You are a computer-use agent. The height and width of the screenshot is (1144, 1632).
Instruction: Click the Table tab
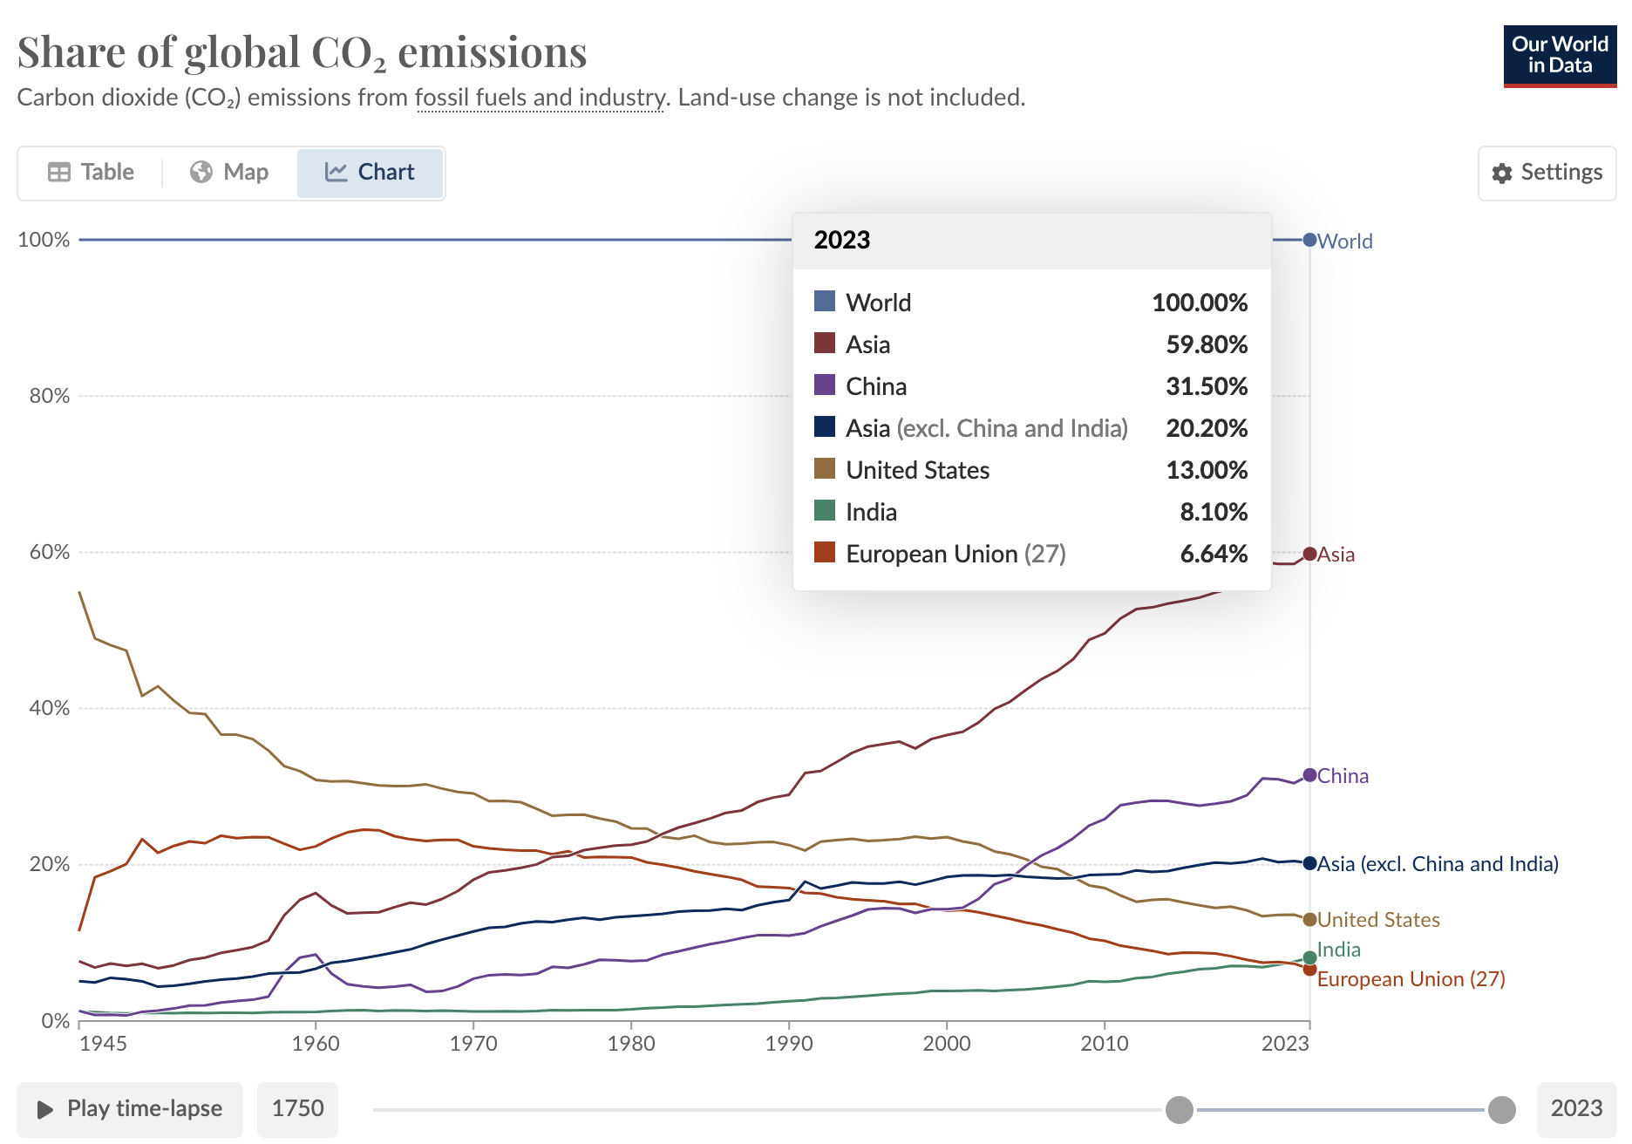tap(92, 172)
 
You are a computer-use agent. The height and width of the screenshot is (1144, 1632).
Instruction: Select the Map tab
tap(229, 172)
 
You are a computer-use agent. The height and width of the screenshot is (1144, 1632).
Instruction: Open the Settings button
tap(1547, 173)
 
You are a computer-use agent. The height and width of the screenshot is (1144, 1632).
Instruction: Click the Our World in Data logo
tap(1559, 56)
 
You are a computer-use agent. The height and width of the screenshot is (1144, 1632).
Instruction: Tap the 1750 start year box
tap(297, 1108)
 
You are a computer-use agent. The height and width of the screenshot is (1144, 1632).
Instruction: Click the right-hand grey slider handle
tap(1501, 1110)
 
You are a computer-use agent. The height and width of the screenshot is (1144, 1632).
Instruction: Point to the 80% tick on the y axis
tap(50, 396)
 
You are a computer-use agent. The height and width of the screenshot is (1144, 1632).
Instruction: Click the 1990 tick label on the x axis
tap(788, 1044)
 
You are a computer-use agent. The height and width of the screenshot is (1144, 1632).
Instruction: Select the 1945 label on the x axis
tap(103, 1044)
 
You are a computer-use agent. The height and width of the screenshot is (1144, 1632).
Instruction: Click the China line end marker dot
tap(1309, 775)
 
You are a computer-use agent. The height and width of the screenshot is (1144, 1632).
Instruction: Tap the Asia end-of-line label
tap(1336, 555)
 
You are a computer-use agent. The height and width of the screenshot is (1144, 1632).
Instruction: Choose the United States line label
tap(1377, 920)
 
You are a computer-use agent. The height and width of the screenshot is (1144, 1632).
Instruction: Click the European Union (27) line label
tap(1411, 979)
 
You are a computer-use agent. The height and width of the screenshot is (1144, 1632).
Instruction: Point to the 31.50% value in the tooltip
tap(1207, 386)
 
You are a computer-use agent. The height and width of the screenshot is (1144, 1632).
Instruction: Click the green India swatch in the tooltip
tap(825, 511)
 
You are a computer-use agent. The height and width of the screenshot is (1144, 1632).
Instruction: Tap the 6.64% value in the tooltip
tap(1214, 554)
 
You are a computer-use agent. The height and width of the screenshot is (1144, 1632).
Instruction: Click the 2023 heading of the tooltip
tap(842, 241)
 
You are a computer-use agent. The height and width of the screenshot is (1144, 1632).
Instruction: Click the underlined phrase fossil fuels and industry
tap(541, 98)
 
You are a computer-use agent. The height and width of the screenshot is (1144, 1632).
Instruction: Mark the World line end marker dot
tap(1309, 240)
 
